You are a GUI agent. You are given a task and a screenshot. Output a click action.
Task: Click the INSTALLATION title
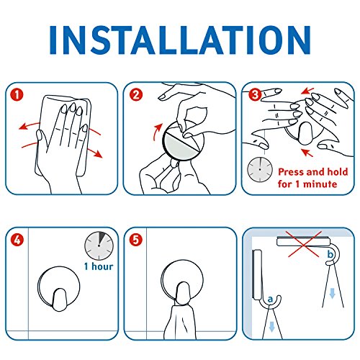click(180, 40)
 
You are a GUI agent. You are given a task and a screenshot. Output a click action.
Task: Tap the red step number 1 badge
click(17, 94)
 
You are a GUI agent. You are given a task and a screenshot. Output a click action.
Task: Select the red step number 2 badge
click(136, 94)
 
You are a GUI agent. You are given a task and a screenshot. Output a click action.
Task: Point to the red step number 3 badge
click(255, 94)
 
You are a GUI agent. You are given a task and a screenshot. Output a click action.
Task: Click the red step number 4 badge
click(17, 239)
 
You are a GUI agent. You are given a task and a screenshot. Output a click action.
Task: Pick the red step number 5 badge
click(136, 239)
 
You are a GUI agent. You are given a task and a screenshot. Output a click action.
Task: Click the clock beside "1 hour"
click(99, 246)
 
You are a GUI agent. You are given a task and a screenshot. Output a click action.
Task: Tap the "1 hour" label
click(99, 266)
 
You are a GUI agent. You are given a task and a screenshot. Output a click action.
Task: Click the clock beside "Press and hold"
click(260, 170)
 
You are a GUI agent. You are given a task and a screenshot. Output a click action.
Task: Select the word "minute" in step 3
click(320, 184)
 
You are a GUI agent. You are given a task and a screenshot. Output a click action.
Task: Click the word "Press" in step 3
click(292, 172)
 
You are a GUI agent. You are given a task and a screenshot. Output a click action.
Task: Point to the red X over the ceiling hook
click(305, 244)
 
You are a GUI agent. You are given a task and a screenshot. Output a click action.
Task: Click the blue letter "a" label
click(271, 300)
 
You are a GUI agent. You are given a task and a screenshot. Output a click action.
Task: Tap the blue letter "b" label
click(330, 254)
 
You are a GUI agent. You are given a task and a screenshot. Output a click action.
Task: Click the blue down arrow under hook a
click(271, 327)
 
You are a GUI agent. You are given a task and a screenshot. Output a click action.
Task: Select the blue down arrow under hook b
click(332, 293)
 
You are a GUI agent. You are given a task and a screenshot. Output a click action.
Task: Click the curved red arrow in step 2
click(156, 132)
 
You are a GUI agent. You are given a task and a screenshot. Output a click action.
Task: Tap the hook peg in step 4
click(59, 300)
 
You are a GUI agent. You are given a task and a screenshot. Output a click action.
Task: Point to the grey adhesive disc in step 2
click(178, 145)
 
